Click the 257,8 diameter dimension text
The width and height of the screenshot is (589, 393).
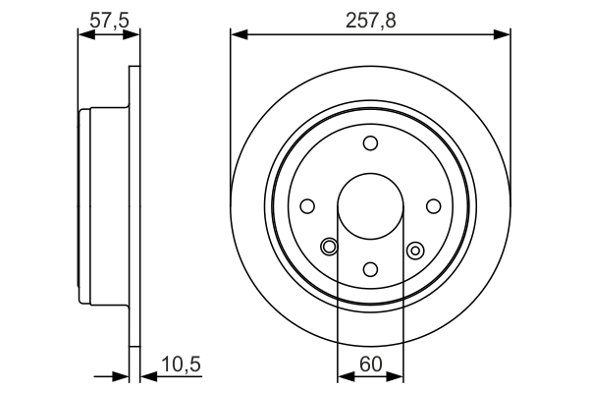coord(370,19)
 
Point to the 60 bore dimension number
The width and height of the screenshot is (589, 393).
coord(370,365)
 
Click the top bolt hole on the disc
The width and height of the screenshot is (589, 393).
coord(370,144)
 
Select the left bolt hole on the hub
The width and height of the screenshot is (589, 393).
coord(307,206)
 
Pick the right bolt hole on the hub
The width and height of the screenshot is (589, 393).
coord(433,206)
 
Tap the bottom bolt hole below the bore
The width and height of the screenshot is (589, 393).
coord(370,268)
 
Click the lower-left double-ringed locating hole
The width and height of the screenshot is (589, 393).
coord(329,247)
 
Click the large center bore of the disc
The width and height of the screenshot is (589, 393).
coord(370,206)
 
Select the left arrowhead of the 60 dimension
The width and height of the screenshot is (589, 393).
coord(344,375)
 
